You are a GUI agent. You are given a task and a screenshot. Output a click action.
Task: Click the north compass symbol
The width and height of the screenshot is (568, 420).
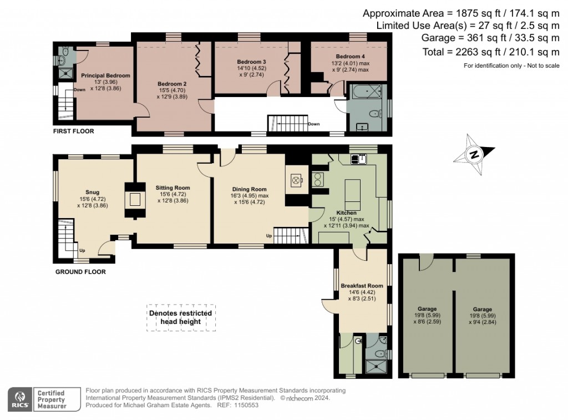click(474, 155)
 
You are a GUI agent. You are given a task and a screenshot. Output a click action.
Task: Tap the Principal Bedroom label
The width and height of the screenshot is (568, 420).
click(105, 75)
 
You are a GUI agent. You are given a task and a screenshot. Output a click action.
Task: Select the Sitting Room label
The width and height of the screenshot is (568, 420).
click(173, 188)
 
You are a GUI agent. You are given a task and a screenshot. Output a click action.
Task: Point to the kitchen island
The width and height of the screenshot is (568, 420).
click(353, 191)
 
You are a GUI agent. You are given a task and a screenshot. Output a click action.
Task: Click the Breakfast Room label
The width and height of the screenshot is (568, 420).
click(362, 286)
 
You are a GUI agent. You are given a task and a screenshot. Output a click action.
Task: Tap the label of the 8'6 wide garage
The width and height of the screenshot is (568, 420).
click(427, 309)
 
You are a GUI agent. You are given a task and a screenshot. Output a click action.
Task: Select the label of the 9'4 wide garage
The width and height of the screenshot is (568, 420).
click(482, 309)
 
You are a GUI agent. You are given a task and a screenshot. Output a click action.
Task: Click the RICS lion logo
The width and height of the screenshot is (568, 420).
click(20, 398)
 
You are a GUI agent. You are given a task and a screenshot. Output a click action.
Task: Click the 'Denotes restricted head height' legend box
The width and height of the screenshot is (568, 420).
click(181, 317)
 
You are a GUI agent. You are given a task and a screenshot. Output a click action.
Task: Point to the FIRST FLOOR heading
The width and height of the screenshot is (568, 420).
click(74, 131)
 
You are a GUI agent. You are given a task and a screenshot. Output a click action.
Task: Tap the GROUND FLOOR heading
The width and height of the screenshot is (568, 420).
click(80, 272)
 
